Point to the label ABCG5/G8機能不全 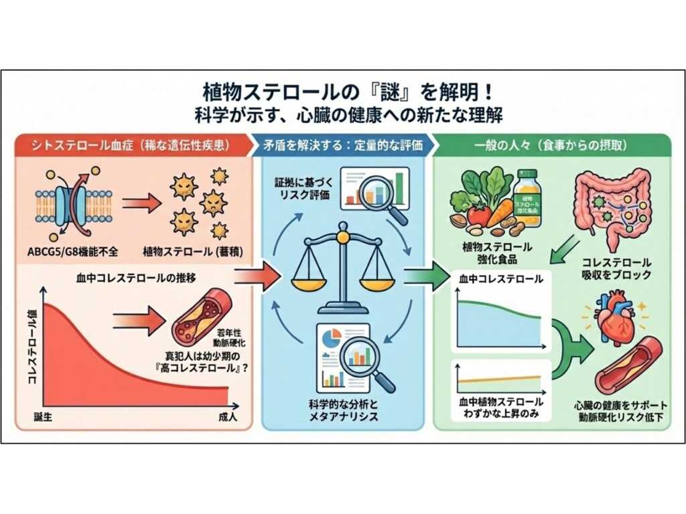point(73,252)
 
